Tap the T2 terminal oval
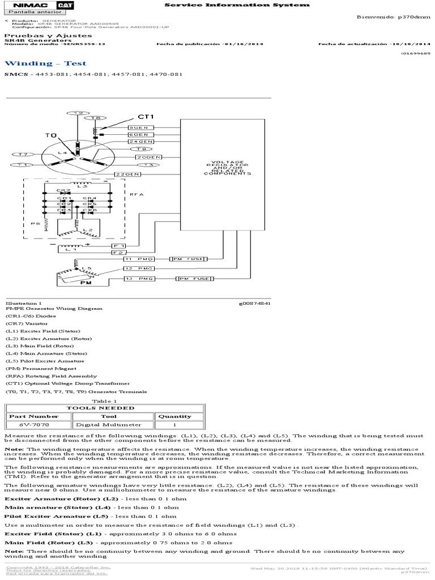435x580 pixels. pyautogui.click(x=79, y=113)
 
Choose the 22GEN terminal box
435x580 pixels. pyautogui.click(x=127, y=174)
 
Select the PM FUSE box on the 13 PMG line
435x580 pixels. pyautogui.click(x=193, y=279)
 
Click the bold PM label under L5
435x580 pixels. pyautogui.click(x=86, y=282)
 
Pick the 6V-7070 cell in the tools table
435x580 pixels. pyautogui.click(x=37, y=424)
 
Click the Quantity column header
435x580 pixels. pyautogui.click(x=174, y=416)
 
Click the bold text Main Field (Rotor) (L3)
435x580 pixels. pyautogui.click(x=49, y=541)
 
